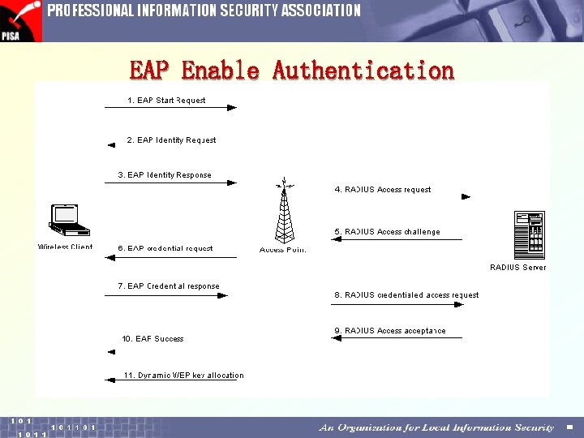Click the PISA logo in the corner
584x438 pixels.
[19, 20]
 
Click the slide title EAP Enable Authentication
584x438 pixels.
[292, 71]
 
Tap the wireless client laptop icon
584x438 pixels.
[65, 220]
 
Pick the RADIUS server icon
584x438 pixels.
[529, 234]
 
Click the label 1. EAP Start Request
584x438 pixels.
[166, 101]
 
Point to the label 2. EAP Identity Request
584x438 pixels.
[171, 140]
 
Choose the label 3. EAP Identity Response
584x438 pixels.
[165, 174]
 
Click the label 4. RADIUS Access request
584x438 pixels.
[383, 190]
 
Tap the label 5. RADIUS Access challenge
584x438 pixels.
[387, 232]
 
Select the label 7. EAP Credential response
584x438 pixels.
[169, 286]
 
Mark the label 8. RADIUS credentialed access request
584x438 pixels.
[406, 295]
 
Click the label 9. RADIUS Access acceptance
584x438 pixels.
[390, 331]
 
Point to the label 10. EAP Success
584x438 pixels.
[152, 339]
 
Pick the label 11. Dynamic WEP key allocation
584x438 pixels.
[183, 376]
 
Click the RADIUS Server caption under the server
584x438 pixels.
[517, 267]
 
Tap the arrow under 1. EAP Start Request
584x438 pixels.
[170, 108]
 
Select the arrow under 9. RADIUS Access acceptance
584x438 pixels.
[397, 339]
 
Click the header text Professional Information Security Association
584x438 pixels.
[204, 11]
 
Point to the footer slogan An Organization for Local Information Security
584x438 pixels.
[436, 427]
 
